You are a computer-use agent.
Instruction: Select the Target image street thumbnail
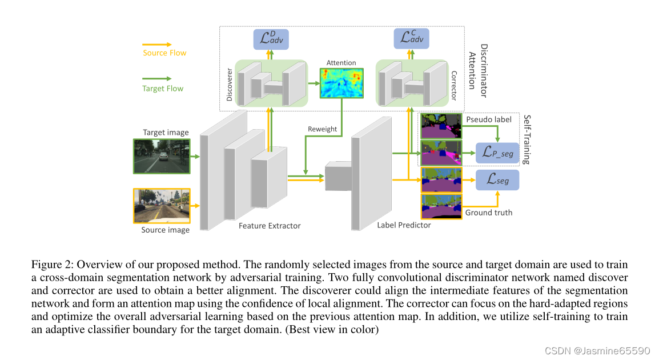(162, 156)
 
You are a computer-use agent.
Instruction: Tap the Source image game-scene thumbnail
(162, 206)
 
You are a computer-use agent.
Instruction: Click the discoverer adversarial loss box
(271, 39)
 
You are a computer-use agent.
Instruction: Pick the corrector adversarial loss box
(411, 38)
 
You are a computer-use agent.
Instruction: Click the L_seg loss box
(497, 180)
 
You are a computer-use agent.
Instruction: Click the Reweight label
(323, 129)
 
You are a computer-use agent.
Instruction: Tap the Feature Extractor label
(270, 226)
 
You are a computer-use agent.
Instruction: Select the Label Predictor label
(404, 225)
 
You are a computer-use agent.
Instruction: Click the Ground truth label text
(488, 213)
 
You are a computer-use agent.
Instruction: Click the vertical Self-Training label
(527, 139)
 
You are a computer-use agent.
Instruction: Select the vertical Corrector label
(454, 86)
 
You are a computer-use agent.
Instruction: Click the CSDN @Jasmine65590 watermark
(597, 350)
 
